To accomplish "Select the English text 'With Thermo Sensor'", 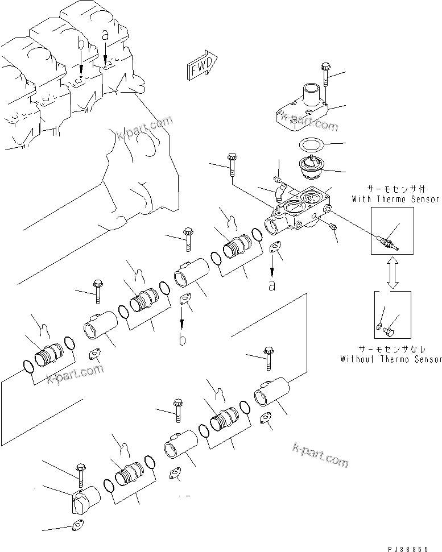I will pos(395,199).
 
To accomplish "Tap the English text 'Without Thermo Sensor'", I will pos(391,359).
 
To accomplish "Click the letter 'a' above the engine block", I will pos(105,35).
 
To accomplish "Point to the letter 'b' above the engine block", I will pos(81,43).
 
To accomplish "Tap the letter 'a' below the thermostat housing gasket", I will pos(272,285).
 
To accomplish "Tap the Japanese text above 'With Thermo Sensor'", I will pos(395,189).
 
